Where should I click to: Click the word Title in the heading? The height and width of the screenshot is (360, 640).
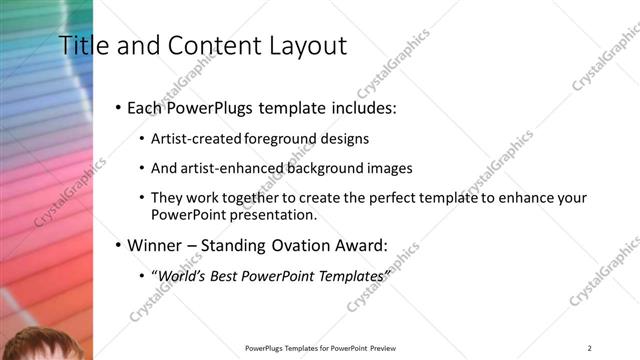pyautogui.click(x=81, y=45)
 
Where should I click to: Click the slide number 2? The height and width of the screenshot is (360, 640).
pyautogui.click(x=589, y=348)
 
